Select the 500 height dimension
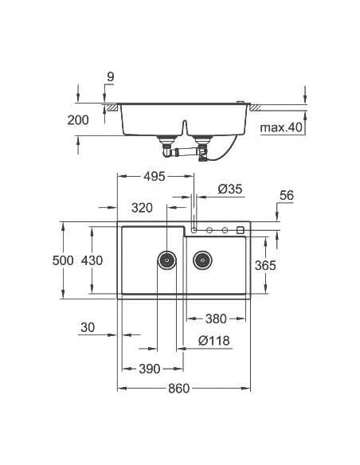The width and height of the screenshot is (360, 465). tap(63, 260)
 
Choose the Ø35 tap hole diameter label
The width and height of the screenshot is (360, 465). tap(229, 189)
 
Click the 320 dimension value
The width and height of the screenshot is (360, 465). tap(142, 208)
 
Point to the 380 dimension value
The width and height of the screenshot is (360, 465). tap(215, 318)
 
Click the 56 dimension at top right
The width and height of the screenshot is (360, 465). tap(287, 193)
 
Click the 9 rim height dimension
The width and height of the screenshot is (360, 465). tap(110, 76)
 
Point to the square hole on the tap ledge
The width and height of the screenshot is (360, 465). tap(241, 230)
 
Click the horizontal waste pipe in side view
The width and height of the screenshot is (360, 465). tap(185, 150)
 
